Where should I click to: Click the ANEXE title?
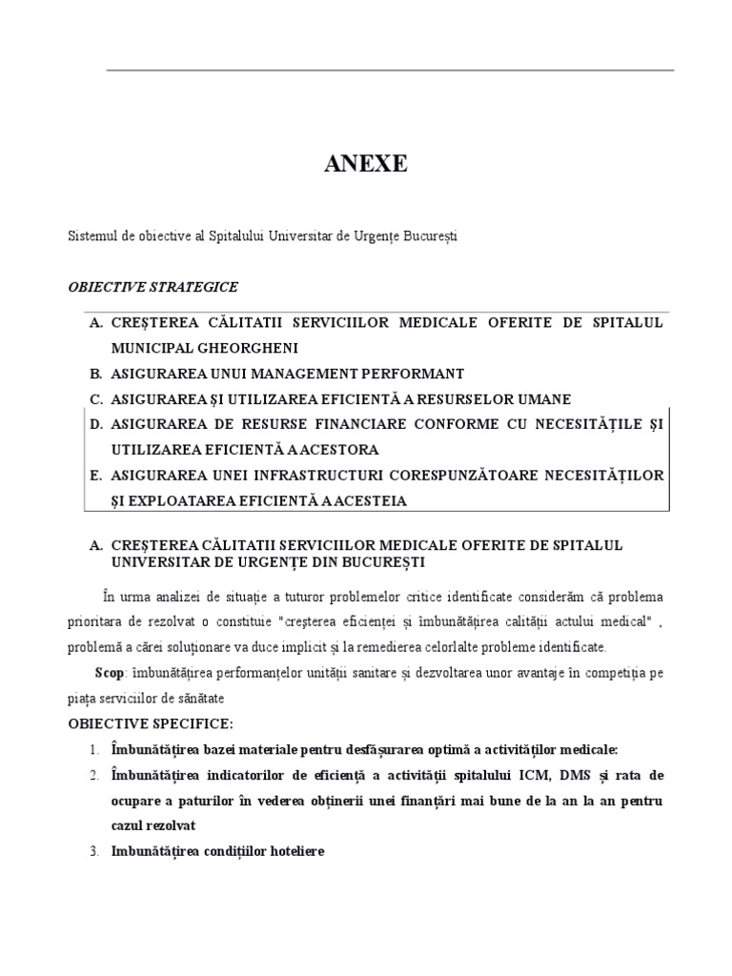pyautogui.click(x=366, y=164)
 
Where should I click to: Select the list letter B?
pyautogui.click(x=94, y=373)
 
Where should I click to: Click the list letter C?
pyautogui.click(x=94, y=398)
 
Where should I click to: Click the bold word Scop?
pyautogui.click(x=109, y=672)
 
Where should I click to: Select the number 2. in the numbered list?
pyautogui.click(x=94, y=773)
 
